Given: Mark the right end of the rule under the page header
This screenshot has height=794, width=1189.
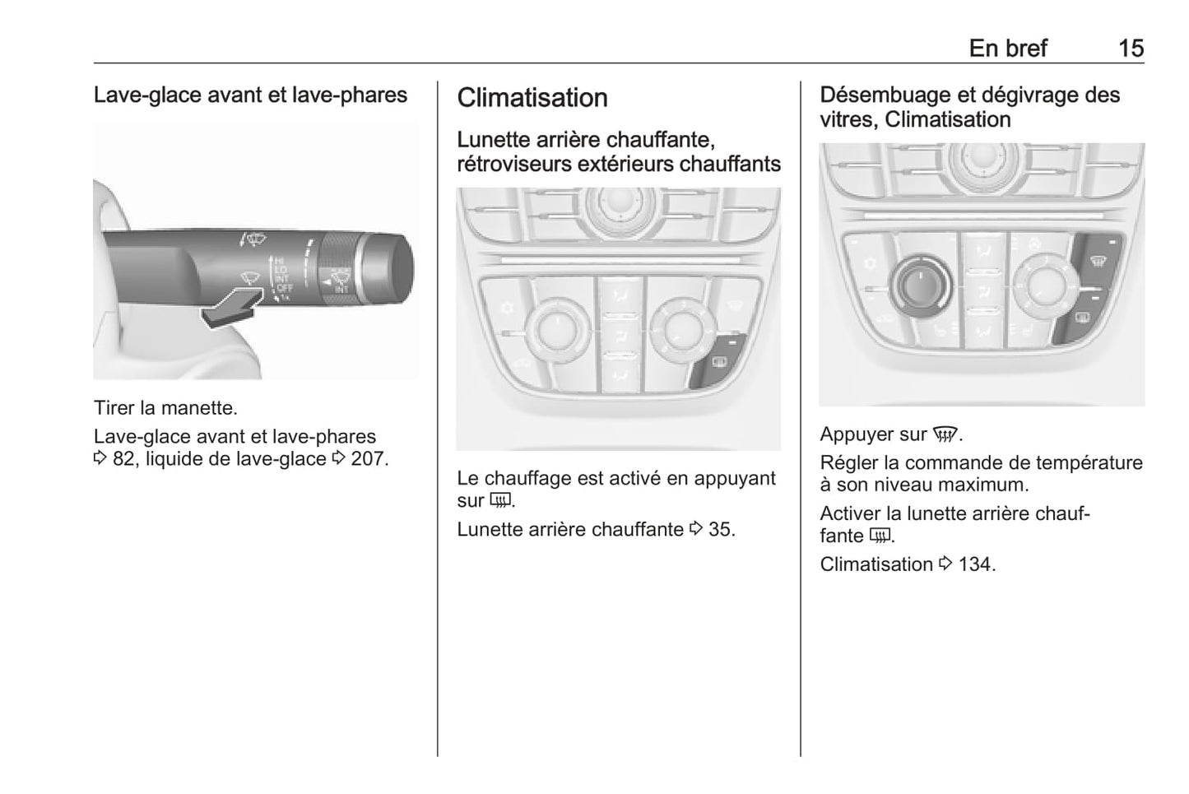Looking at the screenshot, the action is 1145,63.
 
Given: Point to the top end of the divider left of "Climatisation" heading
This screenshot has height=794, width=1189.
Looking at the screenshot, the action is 438,81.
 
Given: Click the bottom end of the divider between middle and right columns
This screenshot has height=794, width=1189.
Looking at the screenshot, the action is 801,756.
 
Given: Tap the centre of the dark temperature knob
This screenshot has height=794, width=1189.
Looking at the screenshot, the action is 920,287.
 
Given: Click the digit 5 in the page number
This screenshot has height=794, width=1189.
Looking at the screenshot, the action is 1137,49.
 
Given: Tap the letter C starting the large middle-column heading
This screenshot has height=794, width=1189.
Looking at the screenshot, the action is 466,98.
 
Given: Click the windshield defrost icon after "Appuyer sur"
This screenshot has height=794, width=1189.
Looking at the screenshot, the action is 945,435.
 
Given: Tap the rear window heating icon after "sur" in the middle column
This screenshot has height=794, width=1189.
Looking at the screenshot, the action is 500,500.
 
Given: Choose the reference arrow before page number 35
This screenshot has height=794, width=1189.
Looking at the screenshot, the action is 696,528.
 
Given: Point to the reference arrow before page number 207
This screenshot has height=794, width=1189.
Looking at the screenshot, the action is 338,457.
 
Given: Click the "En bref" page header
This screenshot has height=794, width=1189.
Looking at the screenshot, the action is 1008,49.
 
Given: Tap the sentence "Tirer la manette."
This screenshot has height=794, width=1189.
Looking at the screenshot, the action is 165,408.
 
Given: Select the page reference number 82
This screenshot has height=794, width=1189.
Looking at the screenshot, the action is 123,458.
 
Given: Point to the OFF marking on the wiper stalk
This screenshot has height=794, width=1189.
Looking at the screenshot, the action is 285,288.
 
